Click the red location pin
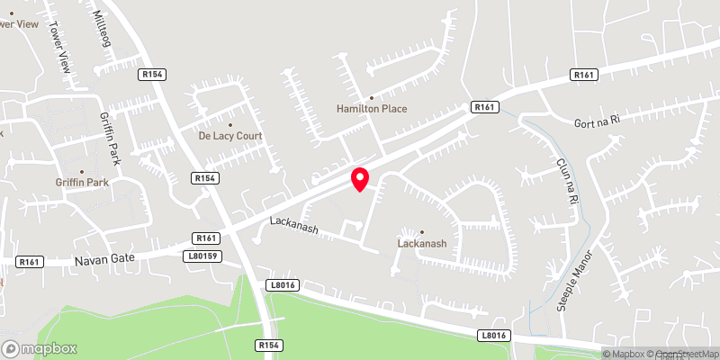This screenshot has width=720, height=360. click(x=360, y=178)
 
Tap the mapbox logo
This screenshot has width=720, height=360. click(x=39, y=348)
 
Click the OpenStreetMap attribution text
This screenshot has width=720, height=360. click(x=688, y=354)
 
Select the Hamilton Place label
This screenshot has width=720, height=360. click(x=372, y=109)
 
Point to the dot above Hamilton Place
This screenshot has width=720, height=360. click(x=371, y=97)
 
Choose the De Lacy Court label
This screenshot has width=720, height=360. click(x=230, y=136)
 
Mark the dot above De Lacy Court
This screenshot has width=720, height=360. click(x=230, y=124)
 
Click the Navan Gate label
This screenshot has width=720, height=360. click(x=110, y=257)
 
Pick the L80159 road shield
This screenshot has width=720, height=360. click(x=204, y=256)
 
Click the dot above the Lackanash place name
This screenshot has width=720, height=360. click(x=422, y=232)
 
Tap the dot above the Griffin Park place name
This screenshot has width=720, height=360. click(x=82, y=171)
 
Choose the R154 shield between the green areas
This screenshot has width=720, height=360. click(x=269, y=345)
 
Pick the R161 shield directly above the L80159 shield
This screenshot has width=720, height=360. click(x=206, y=238)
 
